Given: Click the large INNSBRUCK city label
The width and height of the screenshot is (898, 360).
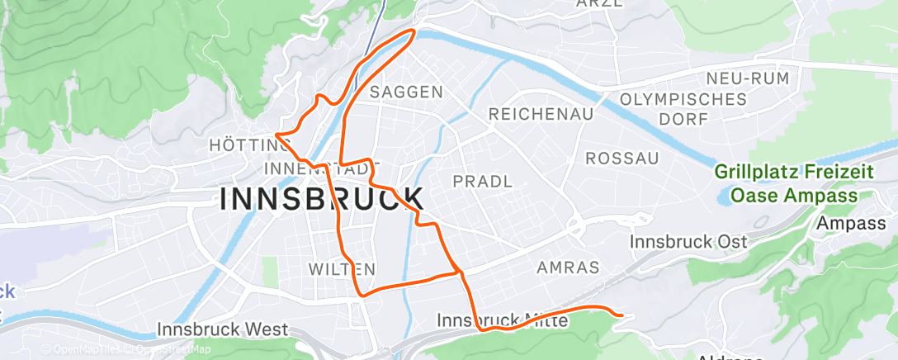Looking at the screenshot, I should click(322, 199).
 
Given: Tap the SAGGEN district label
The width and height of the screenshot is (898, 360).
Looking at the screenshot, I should click(407, 92).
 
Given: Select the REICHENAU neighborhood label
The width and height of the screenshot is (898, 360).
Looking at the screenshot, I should click(541, 114).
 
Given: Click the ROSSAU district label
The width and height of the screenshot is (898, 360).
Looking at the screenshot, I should click(622, 158).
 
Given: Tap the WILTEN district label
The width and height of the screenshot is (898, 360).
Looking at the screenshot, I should click(342, 269).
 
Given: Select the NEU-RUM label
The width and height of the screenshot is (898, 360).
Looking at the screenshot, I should click(747, 78).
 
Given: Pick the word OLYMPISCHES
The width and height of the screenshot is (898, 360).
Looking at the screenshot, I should click(683, 99).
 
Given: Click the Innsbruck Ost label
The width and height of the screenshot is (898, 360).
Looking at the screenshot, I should click(688, 242).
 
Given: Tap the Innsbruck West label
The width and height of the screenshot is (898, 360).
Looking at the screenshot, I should click(223, 330).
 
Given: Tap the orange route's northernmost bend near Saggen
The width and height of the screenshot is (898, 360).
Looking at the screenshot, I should click(413, 32).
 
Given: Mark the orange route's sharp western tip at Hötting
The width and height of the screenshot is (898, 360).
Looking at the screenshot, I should click(276, 134).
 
